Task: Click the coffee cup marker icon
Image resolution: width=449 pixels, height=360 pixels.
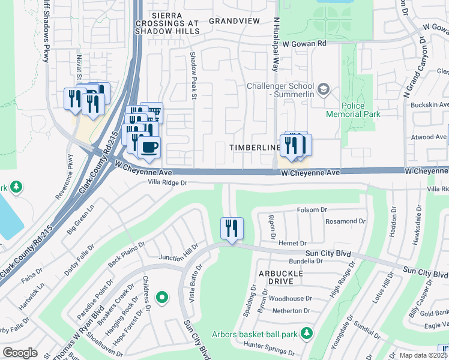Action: coord(149,146)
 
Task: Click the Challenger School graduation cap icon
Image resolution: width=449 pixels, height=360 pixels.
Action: coord(324,89)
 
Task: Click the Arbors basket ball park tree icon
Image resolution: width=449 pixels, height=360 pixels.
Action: coord(307,332)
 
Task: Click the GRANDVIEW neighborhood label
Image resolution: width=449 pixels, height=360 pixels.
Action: coord(234,20)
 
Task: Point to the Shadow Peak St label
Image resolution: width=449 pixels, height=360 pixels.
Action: coord(194,75)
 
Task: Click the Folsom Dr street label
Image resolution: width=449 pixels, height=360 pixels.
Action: coord(312,210)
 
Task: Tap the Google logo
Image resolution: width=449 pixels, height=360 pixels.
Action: coord(20,352)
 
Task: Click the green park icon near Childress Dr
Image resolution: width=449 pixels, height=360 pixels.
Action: coord(161,297)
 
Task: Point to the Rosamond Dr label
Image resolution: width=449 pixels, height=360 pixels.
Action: coord(345,221)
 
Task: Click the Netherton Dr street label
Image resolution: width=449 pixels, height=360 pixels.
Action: coord(290,311)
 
